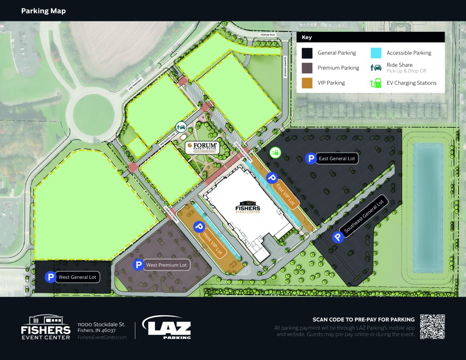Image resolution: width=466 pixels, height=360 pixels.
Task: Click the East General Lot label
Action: pos(337,158)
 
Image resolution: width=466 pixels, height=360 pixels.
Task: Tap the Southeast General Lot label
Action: pos(364,216)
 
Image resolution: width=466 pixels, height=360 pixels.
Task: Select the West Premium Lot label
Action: pos(166,265)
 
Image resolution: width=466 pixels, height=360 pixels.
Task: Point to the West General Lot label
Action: pos(77,277)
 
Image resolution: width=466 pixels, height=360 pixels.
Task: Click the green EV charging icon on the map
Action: pos(275,152)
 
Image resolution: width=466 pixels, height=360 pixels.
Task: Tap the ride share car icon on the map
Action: pos(181,127)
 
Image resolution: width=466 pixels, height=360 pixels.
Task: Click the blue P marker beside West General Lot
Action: pos(50,277)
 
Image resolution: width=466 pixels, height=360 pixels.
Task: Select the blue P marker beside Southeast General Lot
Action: pos(338,237)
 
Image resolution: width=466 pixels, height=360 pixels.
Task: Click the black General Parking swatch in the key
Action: pos(307,53)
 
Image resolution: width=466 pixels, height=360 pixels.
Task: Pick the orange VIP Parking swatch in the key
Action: pos(307,83)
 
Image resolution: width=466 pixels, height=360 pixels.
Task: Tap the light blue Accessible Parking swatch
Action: pos(376,53)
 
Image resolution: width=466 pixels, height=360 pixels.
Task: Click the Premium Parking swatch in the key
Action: pos(307,68)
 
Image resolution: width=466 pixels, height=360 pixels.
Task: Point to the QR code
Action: pos(432,327)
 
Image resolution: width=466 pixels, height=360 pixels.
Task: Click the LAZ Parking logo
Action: pos(167,327)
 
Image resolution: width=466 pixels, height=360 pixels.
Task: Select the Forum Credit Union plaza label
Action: pos(202,147)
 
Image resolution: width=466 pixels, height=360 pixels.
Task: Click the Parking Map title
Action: pos(43,11)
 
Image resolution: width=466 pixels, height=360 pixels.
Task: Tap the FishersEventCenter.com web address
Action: pos(102,337)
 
